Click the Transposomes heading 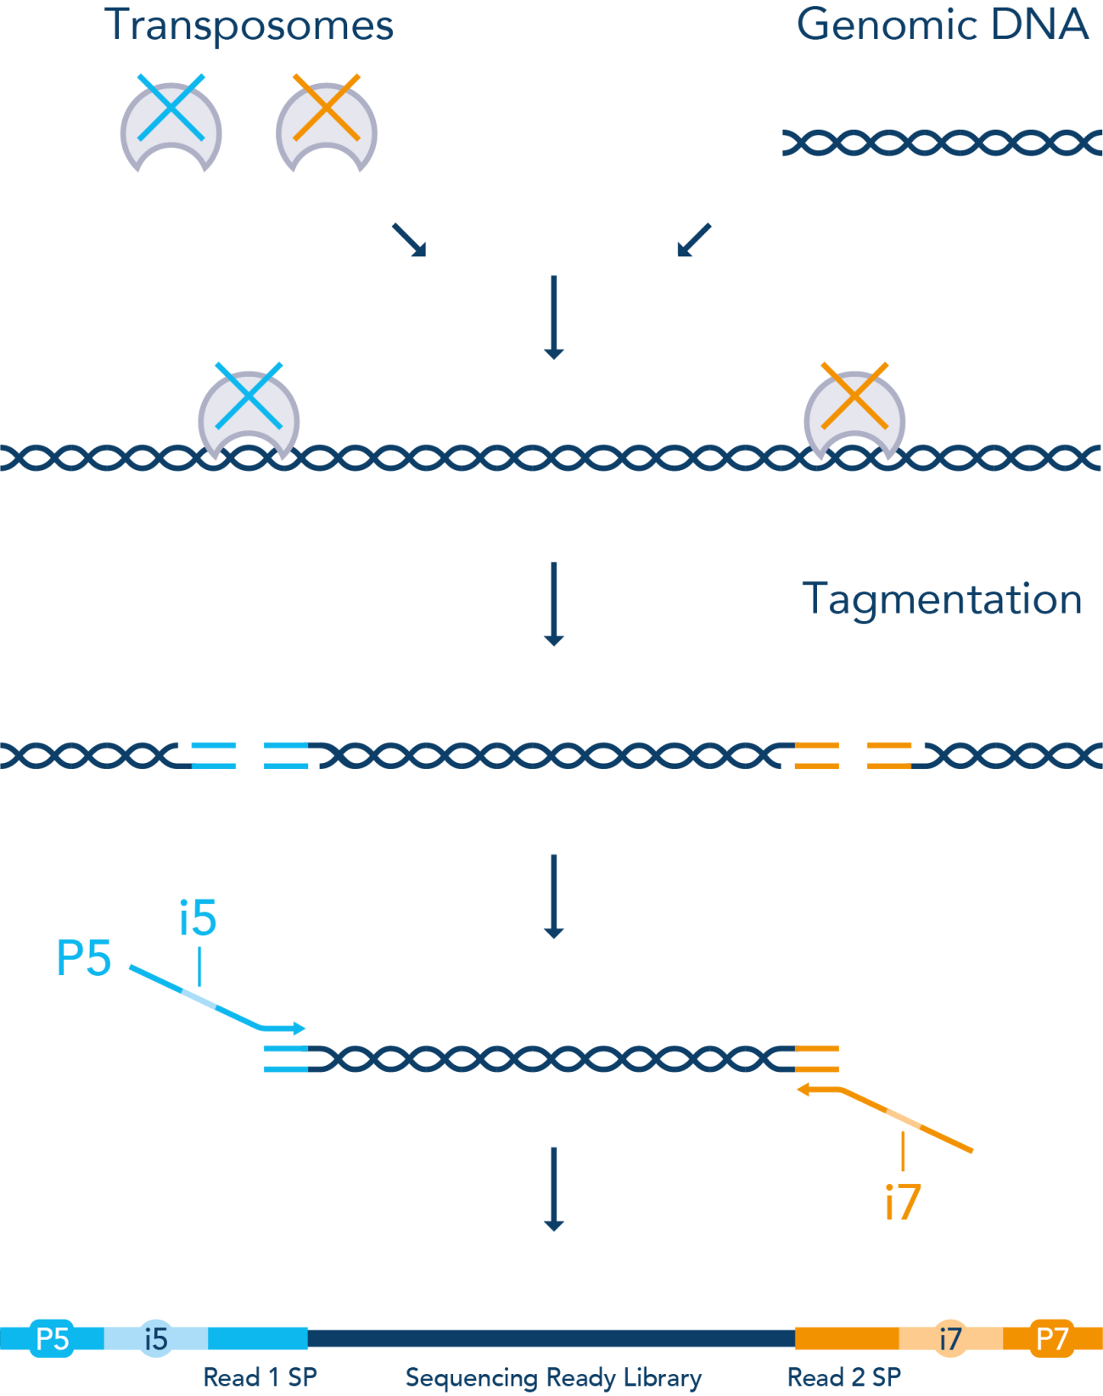[249, 25]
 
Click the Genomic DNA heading [942, 25]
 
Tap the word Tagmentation [942, 600]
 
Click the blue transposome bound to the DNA [249, 412]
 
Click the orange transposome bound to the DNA [854, 412]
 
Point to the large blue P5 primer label [83, 959]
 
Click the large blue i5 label [198, 918]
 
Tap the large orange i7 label [903, 1203]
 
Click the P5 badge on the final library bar [53, 1338]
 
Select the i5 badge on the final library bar [156, 1338]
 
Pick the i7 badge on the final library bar [950, 1338]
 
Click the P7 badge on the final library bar [1052, 1338]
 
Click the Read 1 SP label [260, 1377]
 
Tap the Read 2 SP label [844, 1377]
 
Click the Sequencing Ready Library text [553, 1377]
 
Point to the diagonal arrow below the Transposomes [409, 239]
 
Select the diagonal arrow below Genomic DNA [694, 239]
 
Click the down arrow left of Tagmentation [553, 603]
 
